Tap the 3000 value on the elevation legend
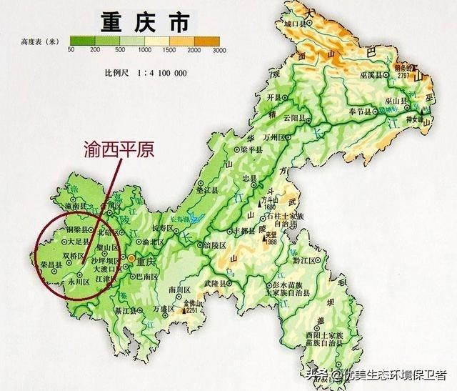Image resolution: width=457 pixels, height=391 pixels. [219, 49]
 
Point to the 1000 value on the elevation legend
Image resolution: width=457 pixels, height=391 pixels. [146, 49]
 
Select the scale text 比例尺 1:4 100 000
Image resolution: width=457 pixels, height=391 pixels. [146, 74]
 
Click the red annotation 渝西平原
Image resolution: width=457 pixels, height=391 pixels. [120, 151]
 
